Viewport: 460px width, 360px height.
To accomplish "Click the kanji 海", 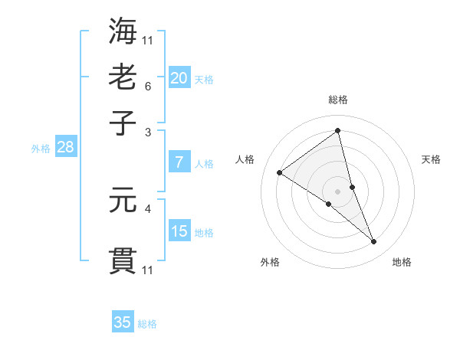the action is (123, 31).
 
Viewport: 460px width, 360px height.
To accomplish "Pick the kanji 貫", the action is (123, 260).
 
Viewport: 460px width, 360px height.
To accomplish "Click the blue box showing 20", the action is (179, 78).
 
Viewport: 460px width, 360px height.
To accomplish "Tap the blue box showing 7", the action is (179, 162).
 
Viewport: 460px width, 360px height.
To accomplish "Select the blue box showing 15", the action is (179, 231).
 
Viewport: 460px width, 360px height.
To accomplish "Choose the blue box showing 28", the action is (65, 148).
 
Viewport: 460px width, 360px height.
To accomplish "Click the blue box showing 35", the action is (123, 322).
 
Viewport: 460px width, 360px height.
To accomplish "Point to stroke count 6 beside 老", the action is (148, 86).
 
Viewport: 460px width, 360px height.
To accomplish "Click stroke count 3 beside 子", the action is (148, 132).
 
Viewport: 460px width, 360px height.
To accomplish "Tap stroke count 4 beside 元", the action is (148, 208).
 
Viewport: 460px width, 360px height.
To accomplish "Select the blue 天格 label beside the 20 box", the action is (203, 80).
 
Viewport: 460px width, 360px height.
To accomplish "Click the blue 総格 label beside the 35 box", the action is (147, 324).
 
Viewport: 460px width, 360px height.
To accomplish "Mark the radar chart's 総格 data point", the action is (338, 130).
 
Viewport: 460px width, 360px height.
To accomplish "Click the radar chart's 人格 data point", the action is (279, 172).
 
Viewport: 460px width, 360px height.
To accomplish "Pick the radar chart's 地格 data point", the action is (374, 242).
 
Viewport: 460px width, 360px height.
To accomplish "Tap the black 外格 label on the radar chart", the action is (270, 262).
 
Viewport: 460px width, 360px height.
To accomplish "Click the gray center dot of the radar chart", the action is (338, 191).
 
